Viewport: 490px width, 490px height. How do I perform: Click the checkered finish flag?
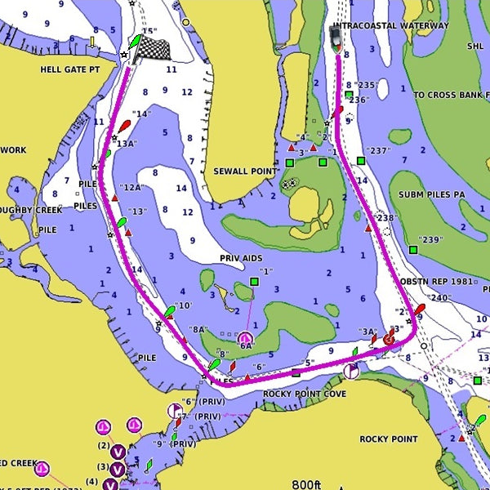click(x=157, y=50)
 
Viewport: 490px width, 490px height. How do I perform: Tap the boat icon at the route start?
click(x=336, y=35)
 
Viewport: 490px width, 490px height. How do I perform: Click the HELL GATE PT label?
click(x=69, y=70)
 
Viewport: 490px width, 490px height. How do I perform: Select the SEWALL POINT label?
click(x=243, y=171)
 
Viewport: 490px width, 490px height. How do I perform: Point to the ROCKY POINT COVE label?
click(x=305, y=394)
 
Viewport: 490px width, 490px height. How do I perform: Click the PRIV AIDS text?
click(x=241, y=258)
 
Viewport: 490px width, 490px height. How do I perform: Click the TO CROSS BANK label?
click(x=451, y=95)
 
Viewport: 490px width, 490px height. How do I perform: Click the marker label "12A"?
click(x=132, y=187)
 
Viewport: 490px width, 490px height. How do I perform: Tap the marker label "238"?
click(x=384, y=218)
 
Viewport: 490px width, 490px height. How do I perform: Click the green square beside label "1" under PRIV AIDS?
click(x=254, y=282)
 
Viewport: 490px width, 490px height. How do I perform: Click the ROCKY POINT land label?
click(x=389, y=439)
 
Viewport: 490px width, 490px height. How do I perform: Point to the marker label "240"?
click(x=440, y=298)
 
